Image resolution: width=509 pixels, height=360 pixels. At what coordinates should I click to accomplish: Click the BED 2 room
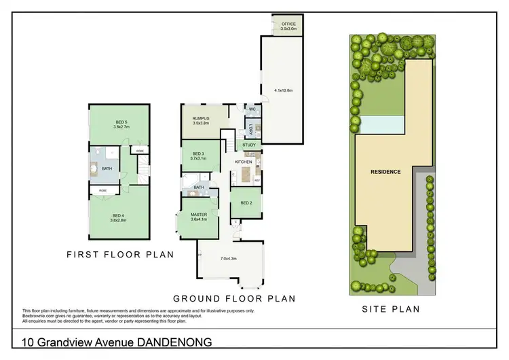[x=246, y=203]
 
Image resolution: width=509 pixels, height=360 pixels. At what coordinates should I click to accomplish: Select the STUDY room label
[x=249, y=145]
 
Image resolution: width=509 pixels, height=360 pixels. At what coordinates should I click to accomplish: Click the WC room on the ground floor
[x=251, y=109]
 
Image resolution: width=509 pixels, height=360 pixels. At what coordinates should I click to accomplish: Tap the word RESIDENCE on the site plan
[x=386, y=172]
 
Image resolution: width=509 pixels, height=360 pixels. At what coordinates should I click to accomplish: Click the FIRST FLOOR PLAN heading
[x=119, y=255]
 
